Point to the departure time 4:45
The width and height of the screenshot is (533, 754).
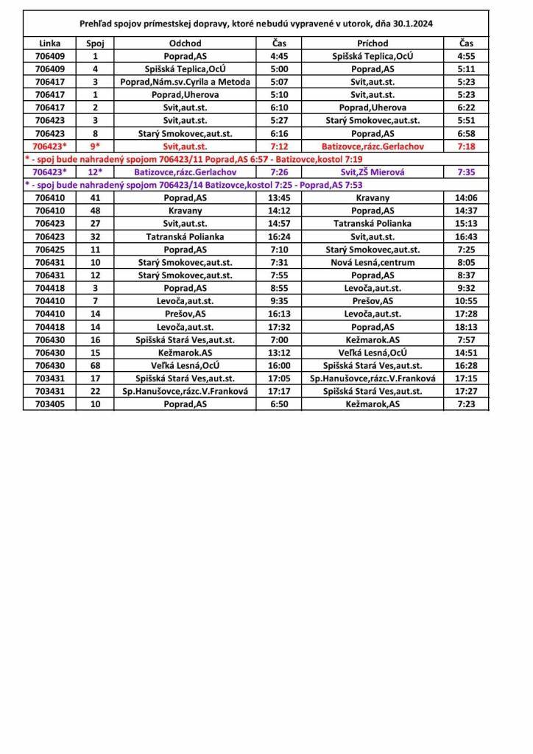279,56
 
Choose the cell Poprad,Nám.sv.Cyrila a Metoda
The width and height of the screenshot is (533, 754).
185,82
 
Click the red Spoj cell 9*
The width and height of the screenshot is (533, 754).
94,147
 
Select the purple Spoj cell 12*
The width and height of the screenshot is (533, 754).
94,172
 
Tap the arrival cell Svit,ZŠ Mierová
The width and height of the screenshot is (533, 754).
373,172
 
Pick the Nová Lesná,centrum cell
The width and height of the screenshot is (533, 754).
373,262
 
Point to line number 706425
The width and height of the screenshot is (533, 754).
49,250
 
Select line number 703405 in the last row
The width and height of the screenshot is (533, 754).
49,404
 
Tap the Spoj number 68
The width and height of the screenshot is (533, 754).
94,365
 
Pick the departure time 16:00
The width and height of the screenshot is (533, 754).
279,365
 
